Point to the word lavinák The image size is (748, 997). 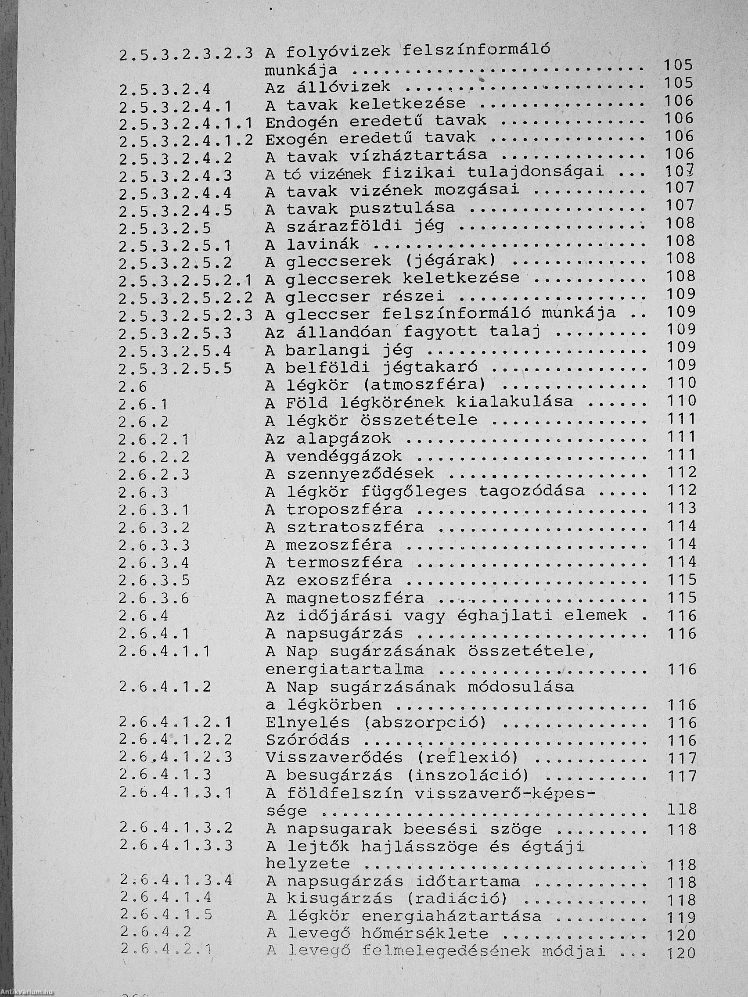point(322,245)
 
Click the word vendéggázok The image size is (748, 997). point(344,456)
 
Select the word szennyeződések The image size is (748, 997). point(360,474)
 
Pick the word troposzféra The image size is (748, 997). point(344,509)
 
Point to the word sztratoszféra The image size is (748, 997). point(354,527)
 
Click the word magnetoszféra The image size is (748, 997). point(354,598)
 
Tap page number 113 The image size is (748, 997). point(681,509)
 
